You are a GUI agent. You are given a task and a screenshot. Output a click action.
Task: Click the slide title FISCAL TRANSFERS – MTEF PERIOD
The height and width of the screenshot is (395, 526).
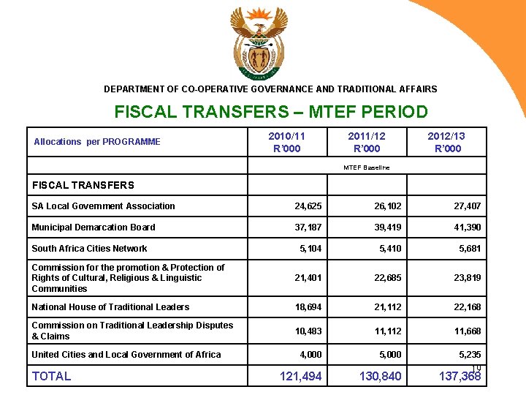271,113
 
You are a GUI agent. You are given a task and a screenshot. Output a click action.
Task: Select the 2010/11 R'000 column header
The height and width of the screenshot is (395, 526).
286,142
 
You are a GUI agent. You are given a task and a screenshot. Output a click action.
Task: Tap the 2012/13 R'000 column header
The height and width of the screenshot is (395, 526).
446,142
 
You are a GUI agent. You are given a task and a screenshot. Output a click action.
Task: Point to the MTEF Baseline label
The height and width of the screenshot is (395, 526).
367,168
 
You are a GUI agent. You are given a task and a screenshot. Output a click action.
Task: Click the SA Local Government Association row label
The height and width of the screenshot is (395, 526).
103,206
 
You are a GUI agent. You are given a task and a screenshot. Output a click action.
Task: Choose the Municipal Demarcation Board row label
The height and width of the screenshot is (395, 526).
94,227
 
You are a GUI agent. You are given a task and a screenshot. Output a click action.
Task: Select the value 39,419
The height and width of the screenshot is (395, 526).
386,227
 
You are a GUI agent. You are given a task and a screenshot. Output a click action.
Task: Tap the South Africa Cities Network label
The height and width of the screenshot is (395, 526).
89,249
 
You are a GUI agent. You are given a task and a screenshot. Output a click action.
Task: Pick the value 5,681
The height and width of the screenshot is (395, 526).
470,249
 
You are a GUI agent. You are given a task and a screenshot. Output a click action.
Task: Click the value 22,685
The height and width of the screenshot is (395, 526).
386,278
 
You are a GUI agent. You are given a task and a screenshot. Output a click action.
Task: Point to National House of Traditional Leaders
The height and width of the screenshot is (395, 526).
110,307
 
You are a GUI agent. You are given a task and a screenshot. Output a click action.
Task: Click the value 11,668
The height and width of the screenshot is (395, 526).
467,331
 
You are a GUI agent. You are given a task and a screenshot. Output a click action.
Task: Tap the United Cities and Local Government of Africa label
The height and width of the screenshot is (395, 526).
126,355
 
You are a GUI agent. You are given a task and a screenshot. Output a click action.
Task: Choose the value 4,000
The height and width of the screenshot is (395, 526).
312,355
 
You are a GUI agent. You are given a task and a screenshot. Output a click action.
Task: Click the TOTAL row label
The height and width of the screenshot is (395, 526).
51,376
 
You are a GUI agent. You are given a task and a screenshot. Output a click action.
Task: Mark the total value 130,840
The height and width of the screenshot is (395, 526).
381,376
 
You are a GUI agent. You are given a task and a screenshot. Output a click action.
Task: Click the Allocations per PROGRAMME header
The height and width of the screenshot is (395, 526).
97,142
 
